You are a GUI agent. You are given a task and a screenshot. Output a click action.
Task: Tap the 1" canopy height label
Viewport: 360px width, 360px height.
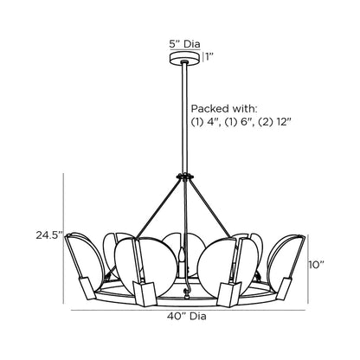coord(209,58)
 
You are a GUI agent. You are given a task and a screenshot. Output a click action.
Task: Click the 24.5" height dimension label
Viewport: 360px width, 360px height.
coord(47,235)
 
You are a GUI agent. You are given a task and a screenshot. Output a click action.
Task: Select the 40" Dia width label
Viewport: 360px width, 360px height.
coord(180,316)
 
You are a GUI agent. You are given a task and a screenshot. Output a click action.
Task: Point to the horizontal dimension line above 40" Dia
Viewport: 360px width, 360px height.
coord(180,306)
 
